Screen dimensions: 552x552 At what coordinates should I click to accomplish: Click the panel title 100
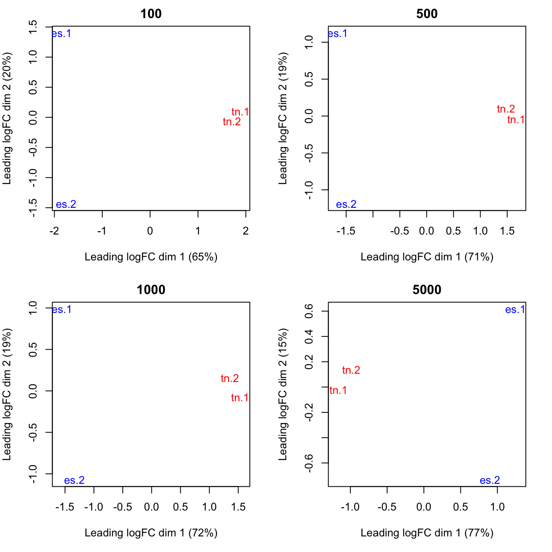[151, 14]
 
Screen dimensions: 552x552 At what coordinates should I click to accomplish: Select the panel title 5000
[427, 290]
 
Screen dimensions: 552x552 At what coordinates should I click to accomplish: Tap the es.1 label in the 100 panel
[62, 34]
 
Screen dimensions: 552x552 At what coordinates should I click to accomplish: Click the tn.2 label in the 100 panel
[232, 122]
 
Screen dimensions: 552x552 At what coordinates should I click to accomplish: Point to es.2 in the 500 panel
[346, 205]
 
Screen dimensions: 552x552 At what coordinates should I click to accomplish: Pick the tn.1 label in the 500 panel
[516, 120]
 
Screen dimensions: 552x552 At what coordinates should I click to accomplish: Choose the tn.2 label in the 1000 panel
[230, 379]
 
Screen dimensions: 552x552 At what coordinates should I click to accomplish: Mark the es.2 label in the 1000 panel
[74, 481]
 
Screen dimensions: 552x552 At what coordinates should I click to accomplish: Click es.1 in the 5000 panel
[515, 310]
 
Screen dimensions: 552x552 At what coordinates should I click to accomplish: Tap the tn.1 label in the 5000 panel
[338, 391]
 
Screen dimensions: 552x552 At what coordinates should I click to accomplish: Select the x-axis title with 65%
[151, 257]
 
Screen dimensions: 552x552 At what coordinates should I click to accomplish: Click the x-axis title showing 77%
[427, 533]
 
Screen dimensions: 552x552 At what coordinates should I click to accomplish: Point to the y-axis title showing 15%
[283, 394]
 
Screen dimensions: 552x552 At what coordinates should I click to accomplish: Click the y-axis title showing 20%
[7, 118]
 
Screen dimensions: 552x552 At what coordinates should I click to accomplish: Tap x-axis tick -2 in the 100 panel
[54, 231]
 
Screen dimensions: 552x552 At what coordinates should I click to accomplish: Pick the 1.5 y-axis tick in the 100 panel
[33, 27]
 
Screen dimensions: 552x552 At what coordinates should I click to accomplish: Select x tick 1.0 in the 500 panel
[480, 231]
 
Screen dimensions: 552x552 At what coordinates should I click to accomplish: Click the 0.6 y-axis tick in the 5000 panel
[309, 311]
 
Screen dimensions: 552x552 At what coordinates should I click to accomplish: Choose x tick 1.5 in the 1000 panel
[238, 507]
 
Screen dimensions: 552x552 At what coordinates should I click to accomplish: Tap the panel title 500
[427, 14]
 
